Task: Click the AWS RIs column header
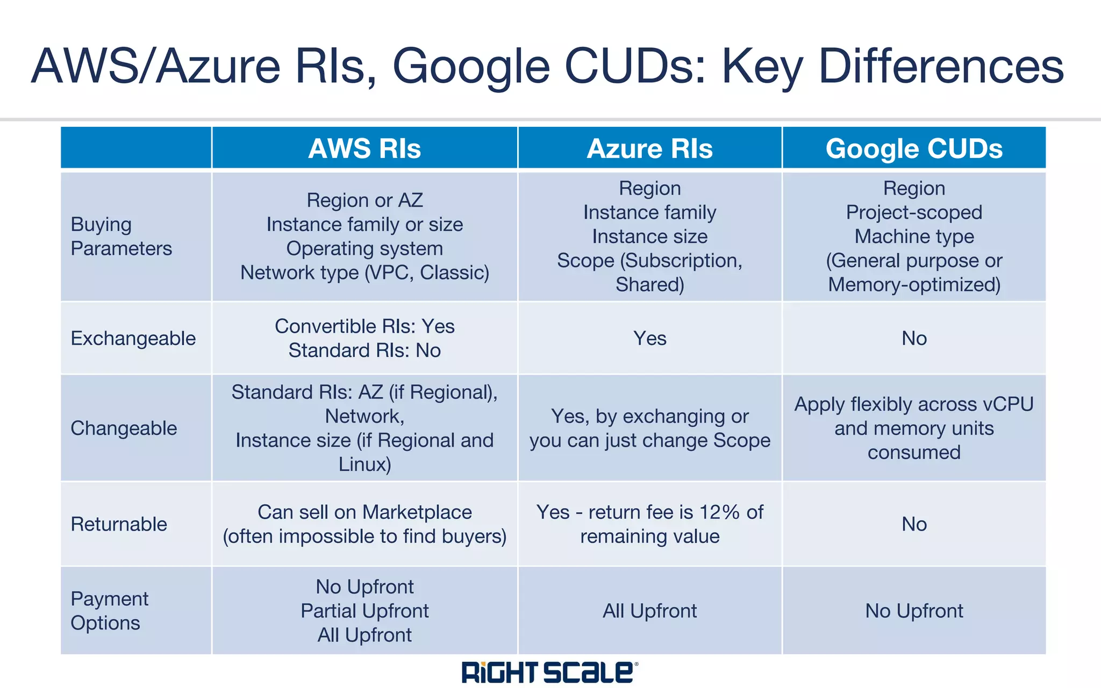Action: pos(364,149)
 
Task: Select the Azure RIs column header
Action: pos(649,149)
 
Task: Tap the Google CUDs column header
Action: pos(914,149)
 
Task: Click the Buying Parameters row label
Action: pos(121,236)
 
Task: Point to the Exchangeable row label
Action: pos(133,339)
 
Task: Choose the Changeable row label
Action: pos(124,428)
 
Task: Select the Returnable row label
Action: pos(119,524)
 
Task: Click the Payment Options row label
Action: pos(109,611)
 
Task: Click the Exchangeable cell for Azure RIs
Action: pos(649,339)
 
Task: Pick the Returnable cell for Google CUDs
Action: pos(914,524)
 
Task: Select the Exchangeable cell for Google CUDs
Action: pos(914,339)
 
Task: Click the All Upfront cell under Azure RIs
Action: pos(649,611)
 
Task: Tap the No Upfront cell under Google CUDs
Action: pos(914,611)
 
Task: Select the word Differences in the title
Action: pos(941,66)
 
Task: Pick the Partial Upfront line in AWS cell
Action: pos(364,611)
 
